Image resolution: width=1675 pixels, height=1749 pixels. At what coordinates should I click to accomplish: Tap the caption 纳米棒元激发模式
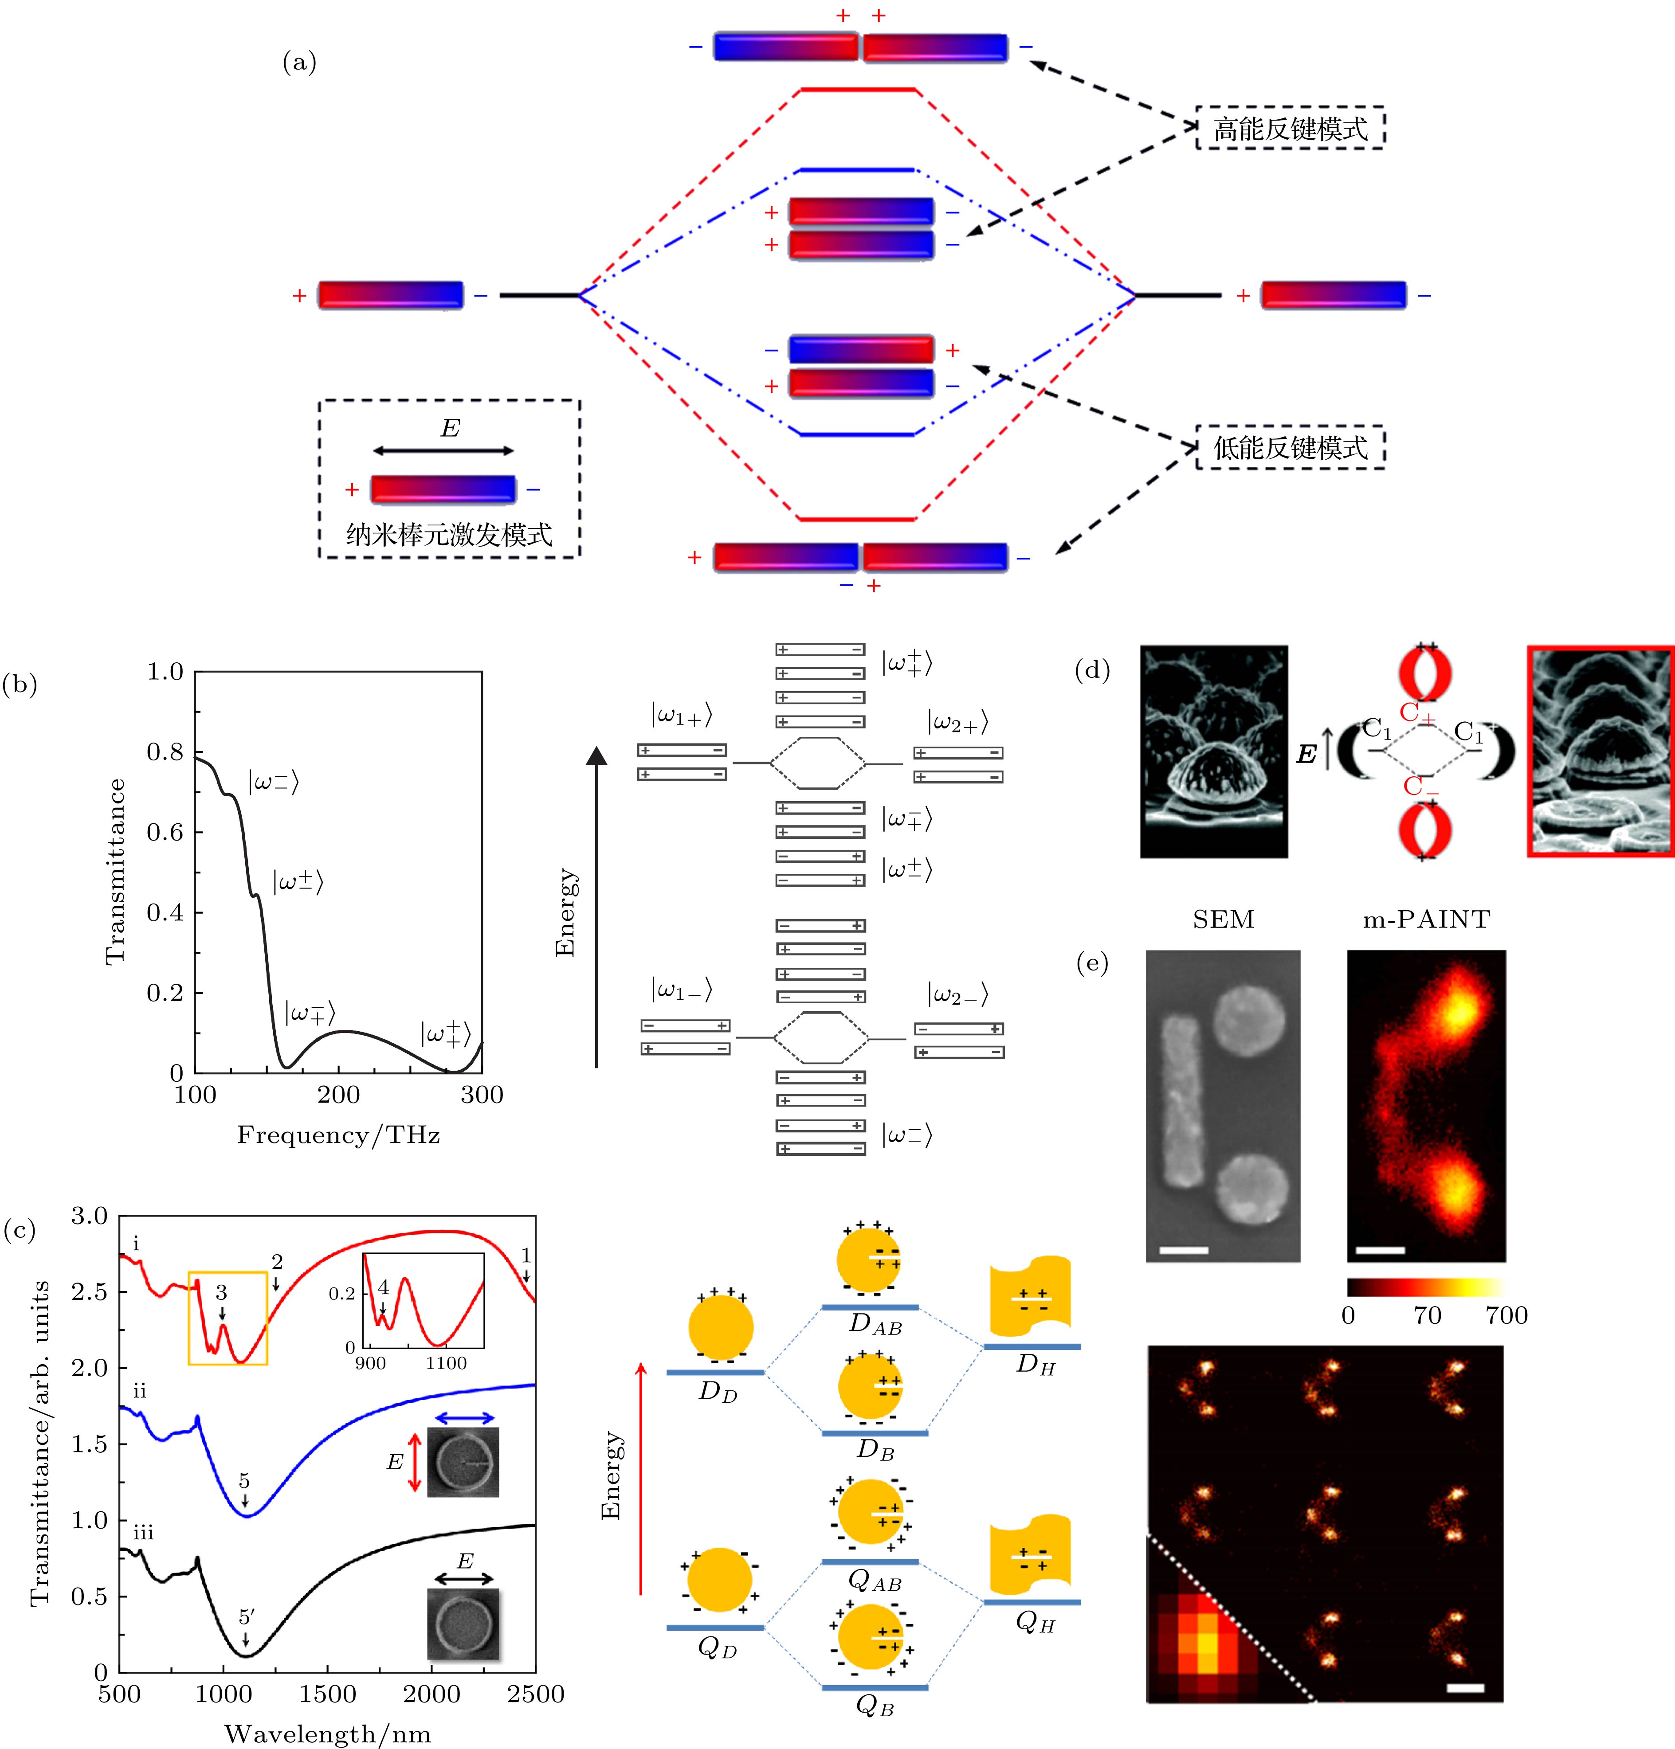[x=449, y=536]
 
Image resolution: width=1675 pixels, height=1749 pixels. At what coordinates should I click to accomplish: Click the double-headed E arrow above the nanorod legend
[x=443, y=450]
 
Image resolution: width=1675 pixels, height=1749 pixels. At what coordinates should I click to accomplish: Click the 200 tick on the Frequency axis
[x=338, y=1095]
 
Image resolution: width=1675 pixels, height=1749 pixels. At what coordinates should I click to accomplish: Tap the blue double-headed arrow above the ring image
[x=464, y=1418]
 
